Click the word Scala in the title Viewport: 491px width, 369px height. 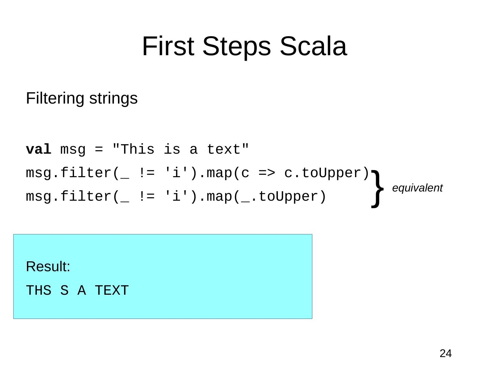pyautogui.click(x=313, y=46)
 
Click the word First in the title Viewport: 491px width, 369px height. pyautogui.click(x=168, y=46)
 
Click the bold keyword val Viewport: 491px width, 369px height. pyautogui.click(x=39, y=150)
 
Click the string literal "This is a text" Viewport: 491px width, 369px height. pyautogui.click(x=181, y=150)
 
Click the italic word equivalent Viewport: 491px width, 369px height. pyautogui.click(x=417, y=188)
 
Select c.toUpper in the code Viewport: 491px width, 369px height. pyautogui.click(x=327, y=173)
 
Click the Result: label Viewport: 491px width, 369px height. pyautogui.click(x=48, y=267)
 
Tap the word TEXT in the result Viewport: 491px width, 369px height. pyautogui.click(x=111, y=291)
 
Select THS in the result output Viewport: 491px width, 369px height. pyautogui.click(x=39, y=291)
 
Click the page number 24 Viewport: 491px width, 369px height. pyautogui.click(x=445, y=354)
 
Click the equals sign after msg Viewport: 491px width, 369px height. pyautogui.click(x=99, y=150)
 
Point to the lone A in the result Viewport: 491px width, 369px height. pyautogui.click(x=81, y=291)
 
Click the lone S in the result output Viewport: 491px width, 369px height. pyautogui.click(x=64, y=291)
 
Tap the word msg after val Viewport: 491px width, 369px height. pyautogui.click(x=73, y=150)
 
